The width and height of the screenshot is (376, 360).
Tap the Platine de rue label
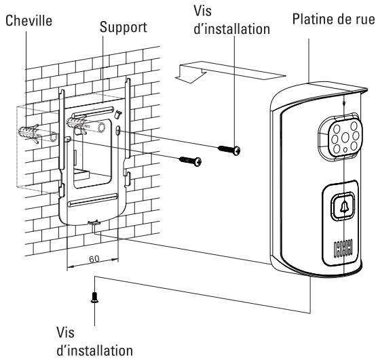click(333, 18)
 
